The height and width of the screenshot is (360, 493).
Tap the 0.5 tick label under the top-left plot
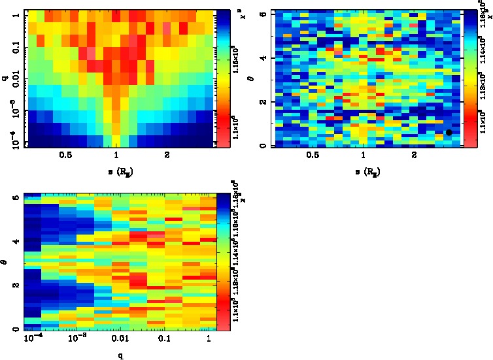[65, 155]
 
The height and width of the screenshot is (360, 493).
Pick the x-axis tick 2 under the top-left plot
[167, 155]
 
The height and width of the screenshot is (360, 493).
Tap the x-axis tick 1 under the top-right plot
[363, 155]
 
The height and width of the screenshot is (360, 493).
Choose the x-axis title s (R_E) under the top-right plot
[362, 172]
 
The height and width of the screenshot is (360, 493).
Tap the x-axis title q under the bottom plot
[119, 356]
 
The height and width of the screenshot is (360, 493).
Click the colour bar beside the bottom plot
[222, 261]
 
